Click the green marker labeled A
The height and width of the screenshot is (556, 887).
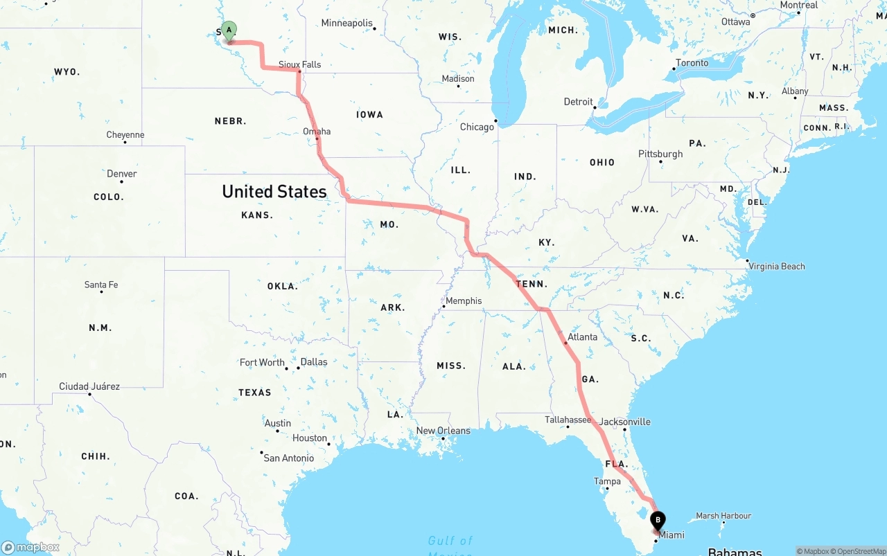click(229, 30)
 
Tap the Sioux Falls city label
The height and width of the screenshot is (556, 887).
click(299, 64)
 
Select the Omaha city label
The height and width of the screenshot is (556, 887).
click(317, 131)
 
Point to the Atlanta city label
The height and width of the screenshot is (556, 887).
click(582, 337)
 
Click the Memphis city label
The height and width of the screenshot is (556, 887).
click(464, 301)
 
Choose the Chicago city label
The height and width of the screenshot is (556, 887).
click(477, 127)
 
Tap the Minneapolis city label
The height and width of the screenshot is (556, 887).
click(346, 24)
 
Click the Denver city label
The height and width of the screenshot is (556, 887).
click(122, 174)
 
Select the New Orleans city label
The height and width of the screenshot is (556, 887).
click(443, 431)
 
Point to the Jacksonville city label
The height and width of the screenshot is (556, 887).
click(625, 422)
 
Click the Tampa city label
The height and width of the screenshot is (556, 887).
click(607, 481)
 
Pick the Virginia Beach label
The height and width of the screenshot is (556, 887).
click(777, 266)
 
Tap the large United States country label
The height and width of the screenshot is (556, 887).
click(274, 192)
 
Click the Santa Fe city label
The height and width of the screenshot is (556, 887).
click(101, 285)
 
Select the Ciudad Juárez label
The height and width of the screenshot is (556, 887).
click(89, 386)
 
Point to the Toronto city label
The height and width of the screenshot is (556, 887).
click(692, 63)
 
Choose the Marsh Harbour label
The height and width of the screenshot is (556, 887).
click(723, 516)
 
